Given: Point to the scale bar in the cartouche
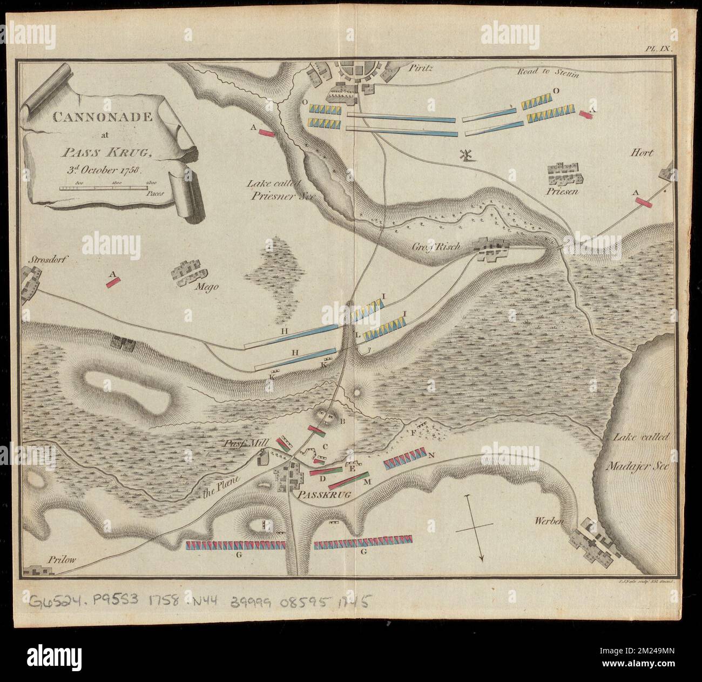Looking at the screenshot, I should (103, 187).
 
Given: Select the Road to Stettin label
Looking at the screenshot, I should (548, 73).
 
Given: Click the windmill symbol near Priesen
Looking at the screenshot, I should (463, 154).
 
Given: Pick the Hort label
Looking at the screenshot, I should (641, 153).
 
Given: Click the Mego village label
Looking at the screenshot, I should (207, 287).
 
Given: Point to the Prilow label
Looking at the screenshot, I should (55, 560).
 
